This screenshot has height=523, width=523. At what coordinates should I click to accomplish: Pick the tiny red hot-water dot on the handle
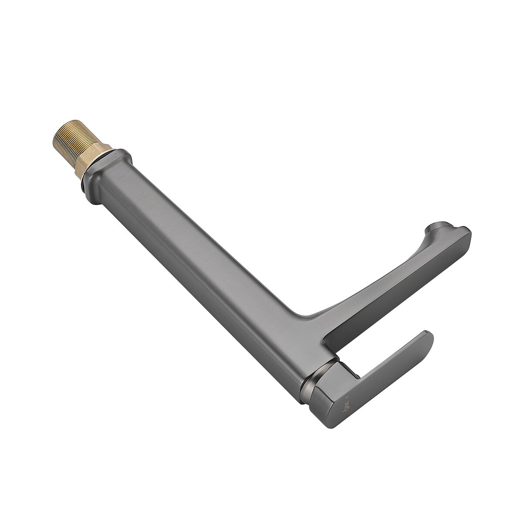pyautogui.click(x=344, y=388)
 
